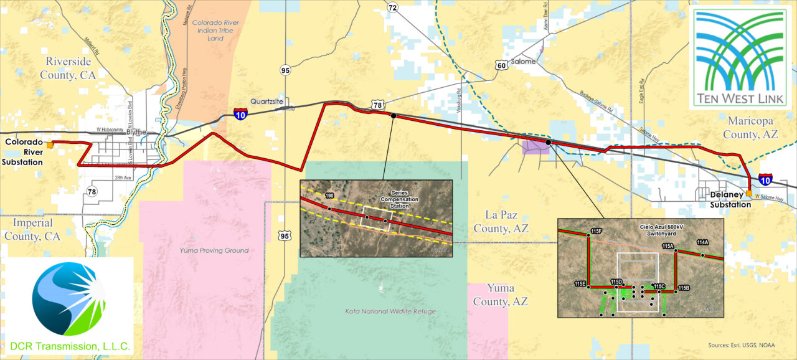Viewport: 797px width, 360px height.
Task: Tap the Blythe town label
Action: click(x=136, y=132)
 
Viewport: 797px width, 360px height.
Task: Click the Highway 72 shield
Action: click(x=392, y=7)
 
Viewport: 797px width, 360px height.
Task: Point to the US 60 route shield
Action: click(x=501, y=64)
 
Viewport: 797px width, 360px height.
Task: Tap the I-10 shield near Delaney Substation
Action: click(x=766, y=179)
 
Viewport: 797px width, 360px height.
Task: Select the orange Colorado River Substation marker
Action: click(x=50, y=145)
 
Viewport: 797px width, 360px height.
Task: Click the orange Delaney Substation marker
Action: click(x=748, y=193)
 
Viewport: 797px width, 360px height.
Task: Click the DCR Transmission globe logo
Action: click(x=68, y=300)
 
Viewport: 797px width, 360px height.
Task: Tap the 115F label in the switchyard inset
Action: click(x=596, y=232)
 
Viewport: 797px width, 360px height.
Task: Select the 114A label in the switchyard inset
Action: click(x=703, y=242)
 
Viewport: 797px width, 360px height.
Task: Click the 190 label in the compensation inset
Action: click(x=329, y=196)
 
